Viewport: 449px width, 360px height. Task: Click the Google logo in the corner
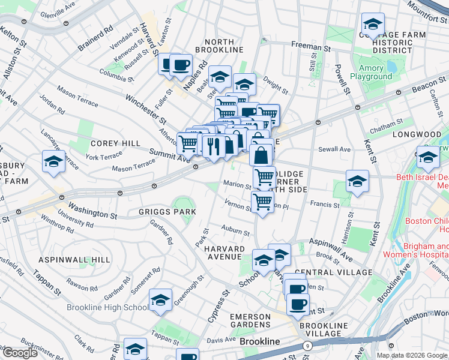pos(19,353)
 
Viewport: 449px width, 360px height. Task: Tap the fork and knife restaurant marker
pos(214,145)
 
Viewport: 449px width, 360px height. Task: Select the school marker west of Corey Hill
pos(53,162)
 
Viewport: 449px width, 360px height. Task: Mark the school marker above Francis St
pos(357,181)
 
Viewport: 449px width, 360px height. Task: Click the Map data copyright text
pos(412,355)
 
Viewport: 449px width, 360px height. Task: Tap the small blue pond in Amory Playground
pos(391,66)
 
